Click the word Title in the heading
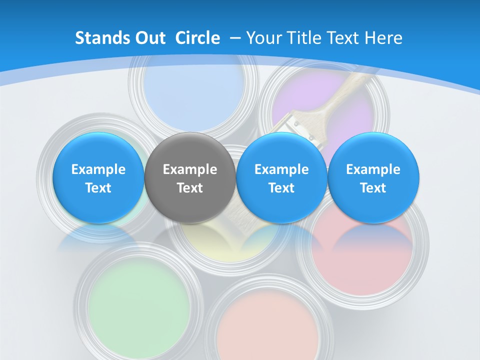305,38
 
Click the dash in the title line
235,38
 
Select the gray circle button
190,178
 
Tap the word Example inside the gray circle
190,169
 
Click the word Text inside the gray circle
190,188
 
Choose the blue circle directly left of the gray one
98,178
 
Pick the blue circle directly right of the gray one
281,178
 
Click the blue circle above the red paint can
373,178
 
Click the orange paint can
267,325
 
